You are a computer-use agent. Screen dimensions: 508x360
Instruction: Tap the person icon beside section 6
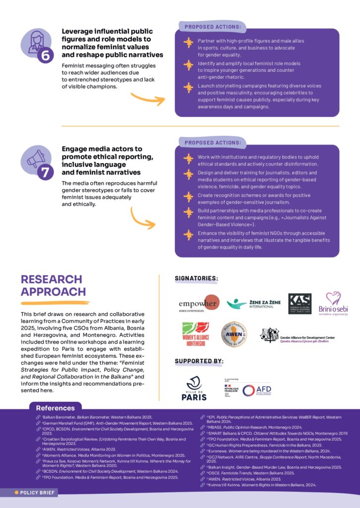pos(36,42)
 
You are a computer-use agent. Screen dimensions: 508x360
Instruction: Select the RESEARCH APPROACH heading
pos(53,285)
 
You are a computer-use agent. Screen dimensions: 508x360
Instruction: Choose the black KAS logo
pos(300,304)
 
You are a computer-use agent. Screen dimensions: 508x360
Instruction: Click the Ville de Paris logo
pos(195,388)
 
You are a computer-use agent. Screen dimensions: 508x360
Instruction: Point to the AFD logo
pos(256,390)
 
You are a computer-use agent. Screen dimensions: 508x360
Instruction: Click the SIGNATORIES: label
pos(196,278)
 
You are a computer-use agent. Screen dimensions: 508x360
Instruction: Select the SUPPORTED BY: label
pos(199,361)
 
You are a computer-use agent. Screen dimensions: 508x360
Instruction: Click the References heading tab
pos(55,408)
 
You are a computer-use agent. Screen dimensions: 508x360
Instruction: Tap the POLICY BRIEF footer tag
pos(35,493)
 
